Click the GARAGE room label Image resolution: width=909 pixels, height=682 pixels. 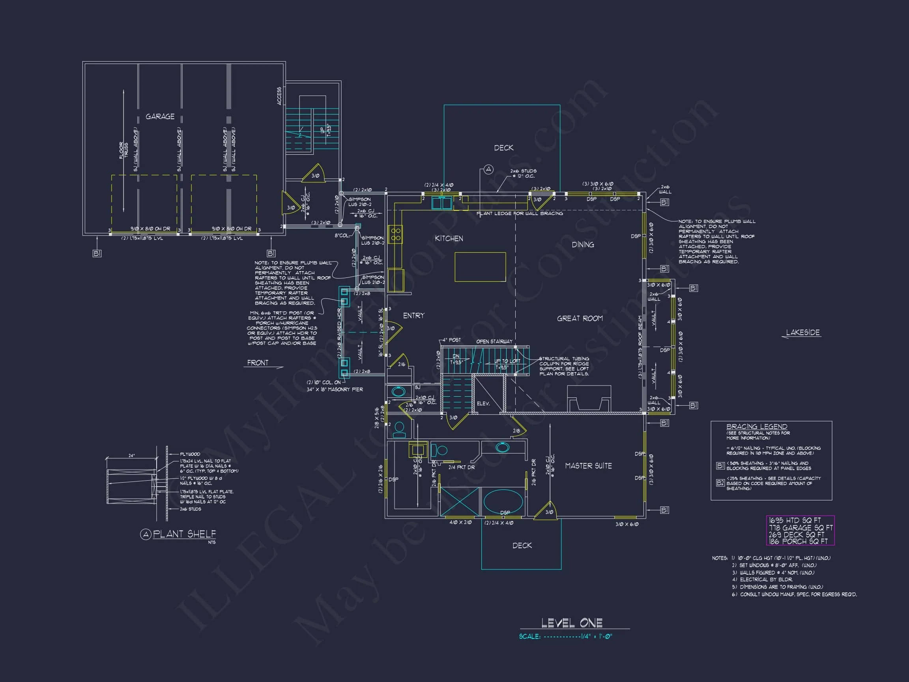tap(160, 117)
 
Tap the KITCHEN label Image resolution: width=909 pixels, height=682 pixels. tap(449, 238)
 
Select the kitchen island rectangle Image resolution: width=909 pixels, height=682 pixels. tap(480, 267)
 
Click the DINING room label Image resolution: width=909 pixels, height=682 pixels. tap(583, 245)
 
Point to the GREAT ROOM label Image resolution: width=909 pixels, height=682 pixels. tap(580, 318)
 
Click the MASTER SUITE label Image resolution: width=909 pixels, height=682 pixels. tap(588, 466)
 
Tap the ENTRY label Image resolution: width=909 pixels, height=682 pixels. tap(413, 316)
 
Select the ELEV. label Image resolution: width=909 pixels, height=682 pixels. tap(483, 404)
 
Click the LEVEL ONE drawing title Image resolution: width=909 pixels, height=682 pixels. tap(572, 623)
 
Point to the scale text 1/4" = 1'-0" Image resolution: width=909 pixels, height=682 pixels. tap(596, 636)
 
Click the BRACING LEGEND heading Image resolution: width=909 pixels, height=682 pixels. tap(757, 427)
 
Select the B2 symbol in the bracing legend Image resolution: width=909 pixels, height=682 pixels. tap(720, 483)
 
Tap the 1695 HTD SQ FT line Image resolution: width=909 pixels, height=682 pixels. tap(794, 521)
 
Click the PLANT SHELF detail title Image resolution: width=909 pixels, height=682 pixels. tap(184, 534)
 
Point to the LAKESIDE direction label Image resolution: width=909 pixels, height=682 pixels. tap(802, 333)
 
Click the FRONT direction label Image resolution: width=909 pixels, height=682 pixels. tap(258, 363)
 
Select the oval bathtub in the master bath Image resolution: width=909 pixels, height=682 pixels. tap(503, 501)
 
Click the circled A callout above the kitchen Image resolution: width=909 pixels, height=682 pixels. tap(488, 169)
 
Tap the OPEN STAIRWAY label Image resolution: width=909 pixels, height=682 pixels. tap(494, 342)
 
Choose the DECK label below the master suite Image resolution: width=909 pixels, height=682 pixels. tap(522, 545)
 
